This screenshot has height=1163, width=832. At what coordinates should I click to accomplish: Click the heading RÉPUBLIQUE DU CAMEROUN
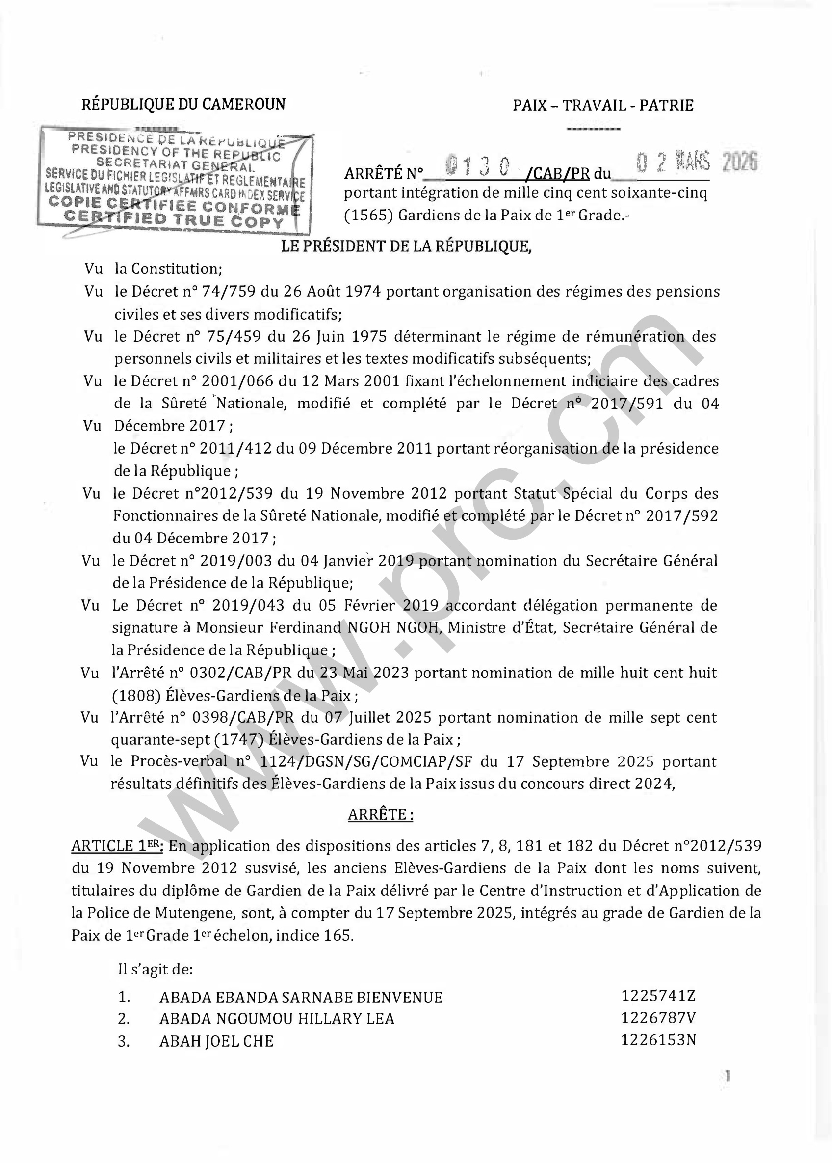[183, 105]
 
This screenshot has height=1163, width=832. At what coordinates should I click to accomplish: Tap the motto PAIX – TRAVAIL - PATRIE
[603, 106]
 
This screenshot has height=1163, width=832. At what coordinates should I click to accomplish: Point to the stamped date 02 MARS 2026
[696, 162]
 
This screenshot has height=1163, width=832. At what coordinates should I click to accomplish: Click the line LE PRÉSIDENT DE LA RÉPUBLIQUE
[406, 246]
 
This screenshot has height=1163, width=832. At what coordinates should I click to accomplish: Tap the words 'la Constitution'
[168, 269]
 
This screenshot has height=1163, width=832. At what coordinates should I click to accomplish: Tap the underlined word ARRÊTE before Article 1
[380, 815]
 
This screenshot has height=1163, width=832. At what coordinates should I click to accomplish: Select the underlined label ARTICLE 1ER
[117, 846]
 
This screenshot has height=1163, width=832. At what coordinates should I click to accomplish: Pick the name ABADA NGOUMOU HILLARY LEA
[277, 1019]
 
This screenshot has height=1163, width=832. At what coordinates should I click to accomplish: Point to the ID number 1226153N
[658, 1040]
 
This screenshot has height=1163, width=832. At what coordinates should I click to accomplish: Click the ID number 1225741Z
[658, 996]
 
